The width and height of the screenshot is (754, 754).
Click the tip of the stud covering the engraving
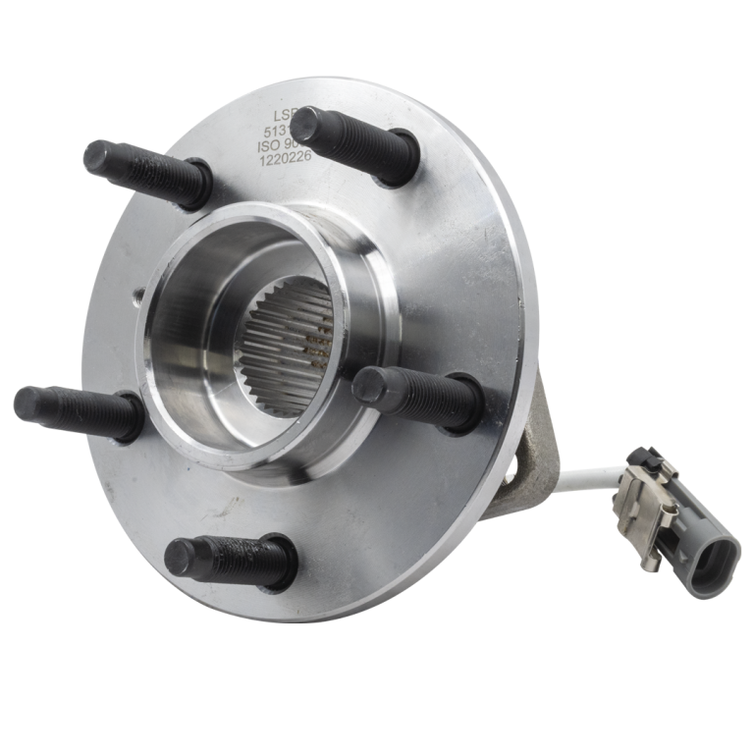point(306,123)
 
